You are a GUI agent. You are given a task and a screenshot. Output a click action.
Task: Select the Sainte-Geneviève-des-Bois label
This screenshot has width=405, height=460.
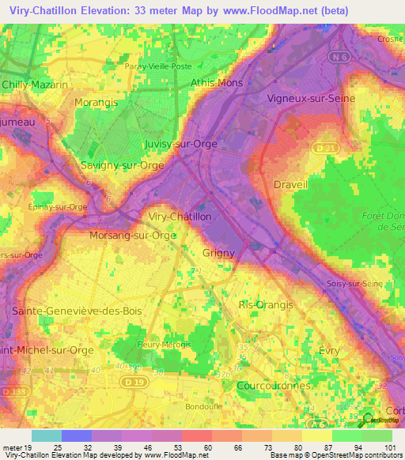click(x=77, y=311)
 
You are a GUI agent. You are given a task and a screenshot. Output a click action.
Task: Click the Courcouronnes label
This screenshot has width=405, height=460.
click(x=274, y=385)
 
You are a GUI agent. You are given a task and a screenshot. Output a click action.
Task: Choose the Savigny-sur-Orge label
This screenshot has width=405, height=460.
click(x=123, y=165)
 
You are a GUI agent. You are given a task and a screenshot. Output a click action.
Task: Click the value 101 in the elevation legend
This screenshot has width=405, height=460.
click(x=388, y=447)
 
